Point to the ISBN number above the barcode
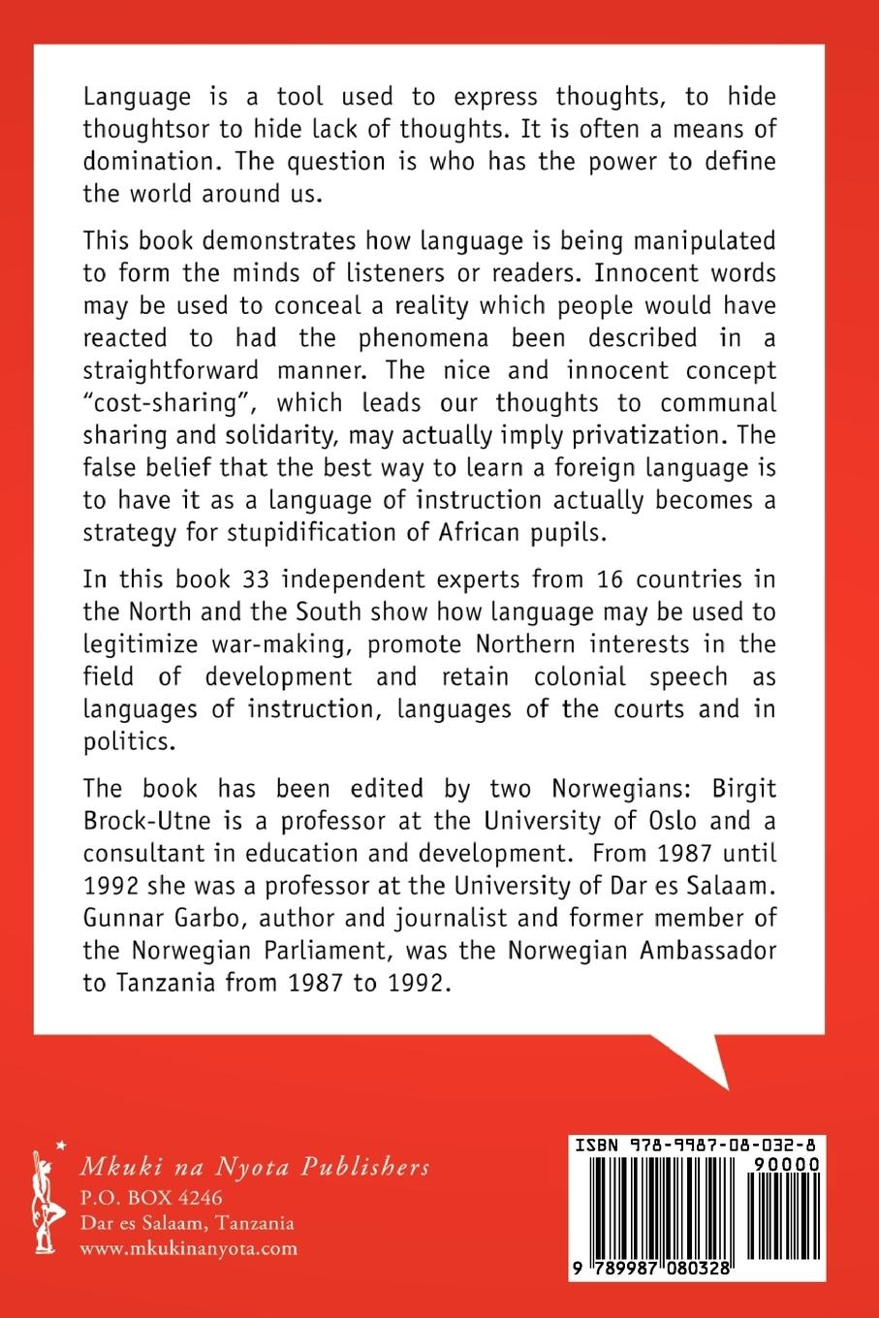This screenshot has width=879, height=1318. [x=695, y=1145]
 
